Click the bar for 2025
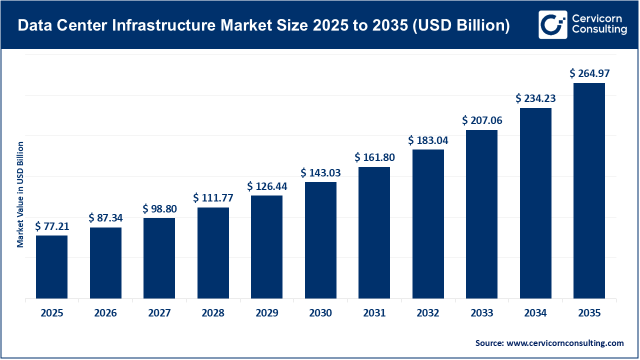[51, 267]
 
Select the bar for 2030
[320, 240]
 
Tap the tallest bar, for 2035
[589, 191]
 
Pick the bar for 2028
[213, 253]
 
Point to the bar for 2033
[481, 214]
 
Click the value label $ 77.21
[51, 226]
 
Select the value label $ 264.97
[589, 73]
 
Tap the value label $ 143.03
[320, 173]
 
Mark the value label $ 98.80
[159, 208]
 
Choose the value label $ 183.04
[428, 140]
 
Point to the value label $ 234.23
[535, 99]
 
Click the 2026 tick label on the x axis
[105, 313]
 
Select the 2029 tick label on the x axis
[266, 313]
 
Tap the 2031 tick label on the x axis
[374, 313]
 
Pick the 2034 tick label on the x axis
[535, 313]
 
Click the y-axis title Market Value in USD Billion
[20, 194]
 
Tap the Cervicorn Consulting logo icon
[552, 24]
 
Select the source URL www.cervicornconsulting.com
[565, 343]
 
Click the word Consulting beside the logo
[599, 30]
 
